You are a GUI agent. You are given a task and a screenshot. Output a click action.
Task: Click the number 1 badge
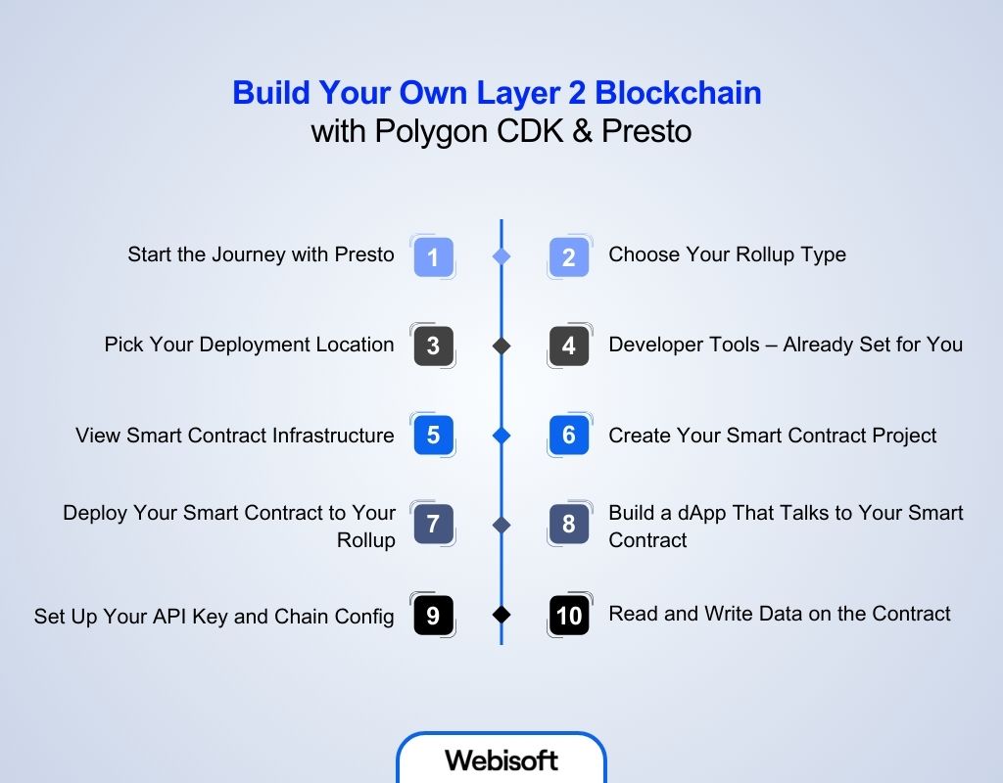point(433,256)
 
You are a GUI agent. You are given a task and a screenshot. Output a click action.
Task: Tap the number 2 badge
point(569,256)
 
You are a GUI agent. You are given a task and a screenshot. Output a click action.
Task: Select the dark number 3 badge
point(433,346)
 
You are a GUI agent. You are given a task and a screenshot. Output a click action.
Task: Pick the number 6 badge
point(569,436)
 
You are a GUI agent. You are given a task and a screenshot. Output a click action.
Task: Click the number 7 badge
point(433,526)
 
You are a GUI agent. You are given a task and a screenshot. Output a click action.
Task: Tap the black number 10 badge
point(569,616)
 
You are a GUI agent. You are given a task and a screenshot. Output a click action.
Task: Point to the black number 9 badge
point(433,616)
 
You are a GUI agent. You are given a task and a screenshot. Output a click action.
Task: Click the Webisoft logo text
point(501,760)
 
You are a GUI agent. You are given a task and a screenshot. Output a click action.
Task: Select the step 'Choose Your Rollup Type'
point(727,254)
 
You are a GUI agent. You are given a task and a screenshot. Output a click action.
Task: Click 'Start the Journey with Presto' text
point(261,254)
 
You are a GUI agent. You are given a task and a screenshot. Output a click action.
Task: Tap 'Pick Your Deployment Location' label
point(249,345)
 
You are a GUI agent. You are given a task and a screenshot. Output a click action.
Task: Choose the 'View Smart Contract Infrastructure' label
point(234,435)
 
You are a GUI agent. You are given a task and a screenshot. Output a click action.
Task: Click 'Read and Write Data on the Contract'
point(779,614)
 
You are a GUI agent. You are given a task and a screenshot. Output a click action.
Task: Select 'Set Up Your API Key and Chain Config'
point(214,616)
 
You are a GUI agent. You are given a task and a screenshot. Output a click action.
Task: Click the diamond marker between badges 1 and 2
point(501,256)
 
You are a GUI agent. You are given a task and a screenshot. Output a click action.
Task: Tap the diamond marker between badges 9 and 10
point(501,616)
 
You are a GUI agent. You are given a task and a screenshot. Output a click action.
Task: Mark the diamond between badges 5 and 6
point(501,436)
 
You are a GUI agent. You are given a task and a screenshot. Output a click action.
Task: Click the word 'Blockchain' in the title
point(678,93)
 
